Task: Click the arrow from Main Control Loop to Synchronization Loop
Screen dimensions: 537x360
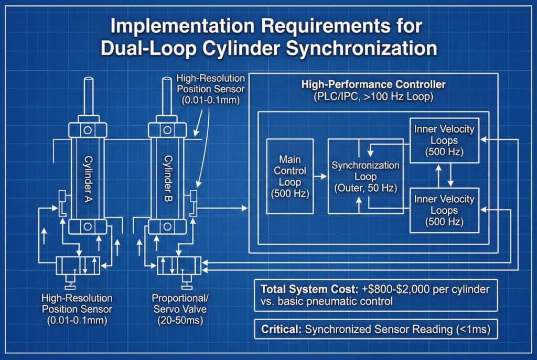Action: click(320, 176)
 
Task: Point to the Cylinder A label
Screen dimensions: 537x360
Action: click(88, 179)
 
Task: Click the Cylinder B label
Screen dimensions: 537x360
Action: click(168, 178)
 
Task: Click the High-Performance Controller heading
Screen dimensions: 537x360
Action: click(373, 84)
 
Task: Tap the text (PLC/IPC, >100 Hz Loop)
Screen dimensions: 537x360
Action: click(373, 96)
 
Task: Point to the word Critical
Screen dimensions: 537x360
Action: click(281, 329)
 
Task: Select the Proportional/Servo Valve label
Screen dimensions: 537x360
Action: click(180, 303)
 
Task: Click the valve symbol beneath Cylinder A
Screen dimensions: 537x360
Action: click(78, 266)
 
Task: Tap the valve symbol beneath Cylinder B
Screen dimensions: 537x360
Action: click(179, 266)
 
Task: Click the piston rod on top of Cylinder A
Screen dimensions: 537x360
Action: click(88, 97)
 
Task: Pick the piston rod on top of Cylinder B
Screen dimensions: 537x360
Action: click(167, 96)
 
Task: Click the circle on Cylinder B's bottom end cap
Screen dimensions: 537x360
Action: click(167, 226)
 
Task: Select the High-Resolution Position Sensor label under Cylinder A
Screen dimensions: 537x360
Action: click(77, 309)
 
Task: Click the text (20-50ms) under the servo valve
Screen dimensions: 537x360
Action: click(180, 320)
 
